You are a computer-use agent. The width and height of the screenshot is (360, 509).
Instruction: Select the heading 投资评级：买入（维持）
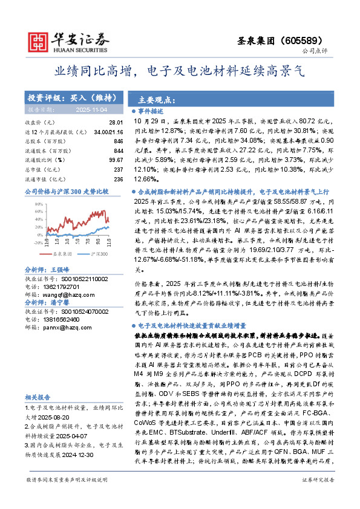point(67,97)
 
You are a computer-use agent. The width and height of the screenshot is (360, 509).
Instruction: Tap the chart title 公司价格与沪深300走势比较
point(67,191)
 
